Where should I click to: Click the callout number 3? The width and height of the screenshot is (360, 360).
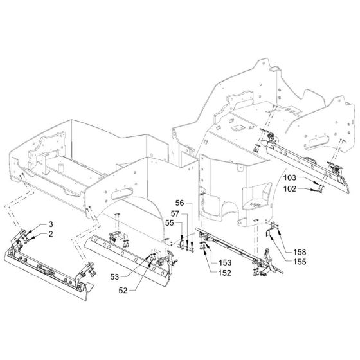[x=51, y=224]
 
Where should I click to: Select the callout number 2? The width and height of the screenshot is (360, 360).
[x=51, y=234]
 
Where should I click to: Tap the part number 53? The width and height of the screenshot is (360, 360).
[x=114, y=276]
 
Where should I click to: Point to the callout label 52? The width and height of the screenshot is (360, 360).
[x=123, y=291]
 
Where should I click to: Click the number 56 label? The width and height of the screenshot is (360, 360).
[x=180, y=203]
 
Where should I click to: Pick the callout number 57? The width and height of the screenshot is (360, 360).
[x=175, y=213]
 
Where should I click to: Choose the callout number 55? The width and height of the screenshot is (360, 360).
[x=170, y=222]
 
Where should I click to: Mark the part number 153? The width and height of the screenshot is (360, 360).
[x=225, y=262]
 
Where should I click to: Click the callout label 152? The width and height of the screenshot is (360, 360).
[x=225, y=273]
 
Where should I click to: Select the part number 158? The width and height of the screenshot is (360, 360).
[x=300, y=252]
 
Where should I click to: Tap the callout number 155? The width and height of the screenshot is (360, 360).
[x=300, y=262]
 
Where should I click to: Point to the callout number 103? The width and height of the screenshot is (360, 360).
[x=290, y=177]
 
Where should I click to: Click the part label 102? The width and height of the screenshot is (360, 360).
[x=290, y=189]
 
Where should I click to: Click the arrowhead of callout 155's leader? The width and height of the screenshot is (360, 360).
[x=271, y=237]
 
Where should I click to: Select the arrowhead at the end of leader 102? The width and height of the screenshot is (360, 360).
[x=313, y=190]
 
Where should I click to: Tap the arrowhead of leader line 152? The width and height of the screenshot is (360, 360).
[x=204, y=249]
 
